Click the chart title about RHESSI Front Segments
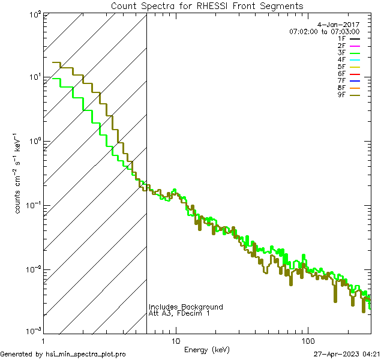click(207, 6)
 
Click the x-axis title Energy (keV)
click(207, 349)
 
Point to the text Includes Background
click(185, 307)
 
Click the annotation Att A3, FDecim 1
click(179, 313)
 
